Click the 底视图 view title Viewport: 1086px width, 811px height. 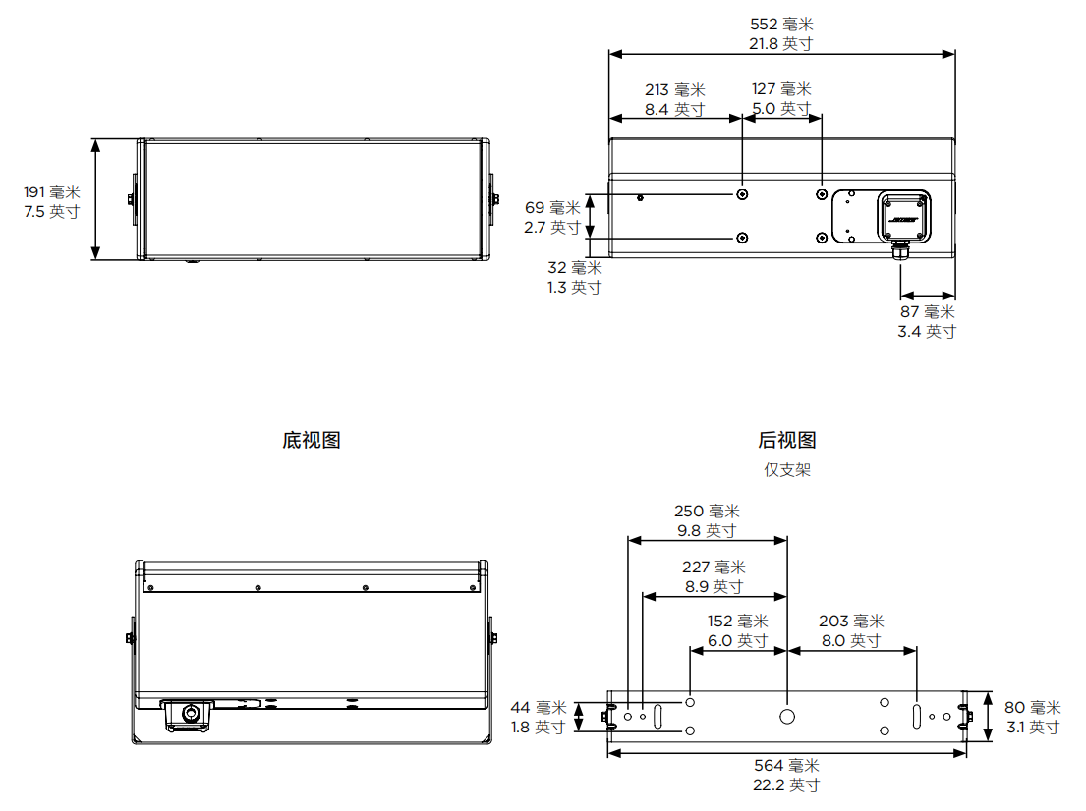coord(312,440)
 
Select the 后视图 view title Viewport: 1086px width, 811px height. coord(787,440)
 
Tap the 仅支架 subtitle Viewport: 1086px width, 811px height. coord(787,469)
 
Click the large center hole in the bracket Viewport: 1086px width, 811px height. coord(787,716)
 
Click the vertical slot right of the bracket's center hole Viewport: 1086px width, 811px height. coord(916,716)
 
